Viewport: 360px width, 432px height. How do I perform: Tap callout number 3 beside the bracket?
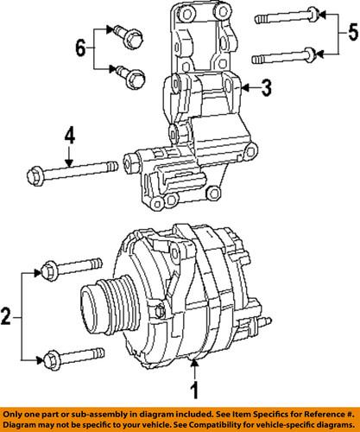[x=267, y=87]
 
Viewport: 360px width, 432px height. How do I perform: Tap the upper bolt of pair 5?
[x=287, y=16]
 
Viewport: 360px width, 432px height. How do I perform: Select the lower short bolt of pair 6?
[x=134, y=79]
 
